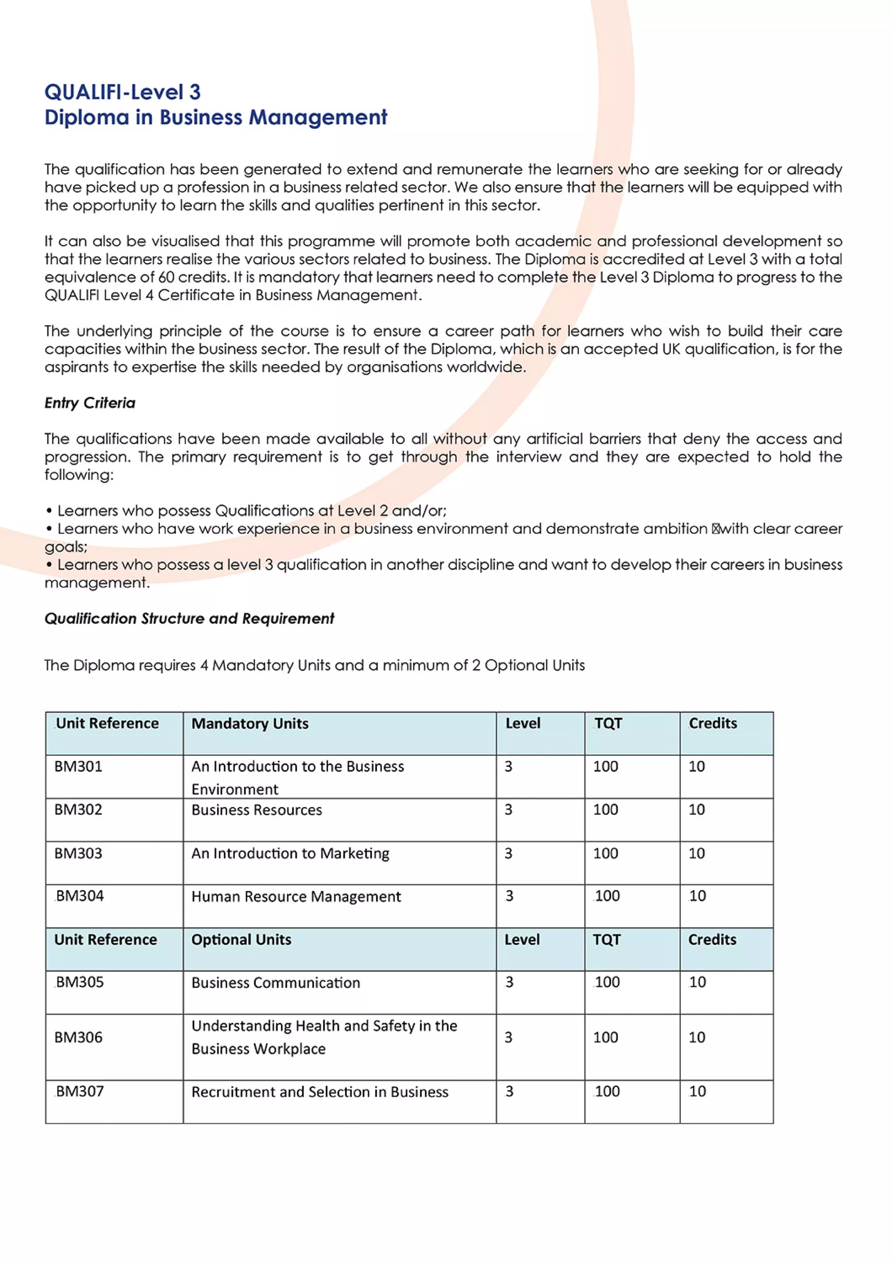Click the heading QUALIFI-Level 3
pos(122,92)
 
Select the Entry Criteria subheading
pos(90,403)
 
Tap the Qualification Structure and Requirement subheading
pos(189,618)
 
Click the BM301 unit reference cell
pos(78,766)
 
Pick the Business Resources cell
pos(257,810)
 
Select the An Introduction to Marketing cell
pos(290,853)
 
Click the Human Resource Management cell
pos(296,897)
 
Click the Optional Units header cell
pos(241,940)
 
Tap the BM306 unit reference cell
pos(78,1037)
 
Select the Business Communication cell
pos(275,983)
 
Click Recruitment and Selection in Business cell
pos(319,1092)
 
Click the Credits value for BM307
pos(697,1091)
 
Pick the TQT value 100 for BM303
pos(606,853)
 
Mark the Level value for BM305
pos(509,982)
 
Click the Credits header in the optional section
pos(712,940)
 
